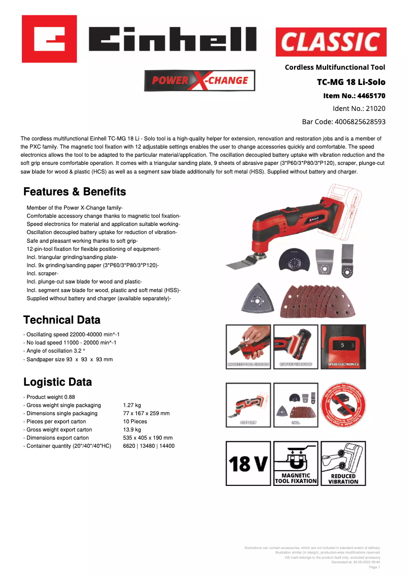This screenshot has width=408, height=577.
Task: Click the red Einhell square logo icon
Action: click(x=49, y=39)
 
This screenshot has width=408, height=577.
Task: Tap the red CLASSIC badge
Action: click(x=331, y=42)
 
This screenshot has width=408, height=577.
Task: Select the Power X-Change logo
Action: click(x=200, y=80)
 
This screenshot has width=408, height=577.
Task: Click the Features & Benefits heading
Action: click(x=75, y=192)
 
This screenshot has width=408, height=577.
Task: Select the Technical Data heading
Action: click(x=62, y=320)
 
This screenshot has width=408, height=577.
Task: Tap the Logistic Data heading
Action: click(x=57, y=382)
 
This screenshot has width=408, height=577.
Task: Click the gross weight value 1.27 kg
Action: click(x=132, y=405)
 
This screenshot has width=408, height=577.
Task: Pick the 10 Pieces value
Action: click(x=135, y=421)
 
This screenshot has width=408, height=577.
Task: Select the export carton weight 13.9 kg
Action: click(x=132, y=429)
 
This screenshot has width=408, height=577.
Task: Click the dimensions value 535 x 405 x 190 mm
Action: click(x=148, y=438)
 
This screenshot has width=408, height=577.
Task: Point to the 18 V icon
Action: click(x=248, y=463)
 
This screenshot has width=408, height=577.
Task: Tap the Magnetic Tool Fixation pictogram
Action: click(x=296, y=463)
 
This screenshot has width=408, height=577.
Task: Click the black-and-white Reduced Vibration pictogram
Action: click(x=343, y=463)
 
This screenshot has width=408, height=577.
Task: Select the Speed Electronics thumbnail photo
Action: click(x=343, y=347)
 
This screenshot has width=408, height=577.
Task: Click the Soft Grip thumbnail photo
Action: click(x=248, y=405)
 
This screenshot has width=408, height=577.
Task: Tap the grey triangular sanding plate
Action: click(x=259, y=300)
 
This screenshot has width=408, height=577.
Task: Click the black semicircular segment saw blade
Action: click(x=293, y=261)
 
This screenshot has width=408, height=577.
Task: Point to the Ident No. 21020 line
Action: click(x=359, y=108)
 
